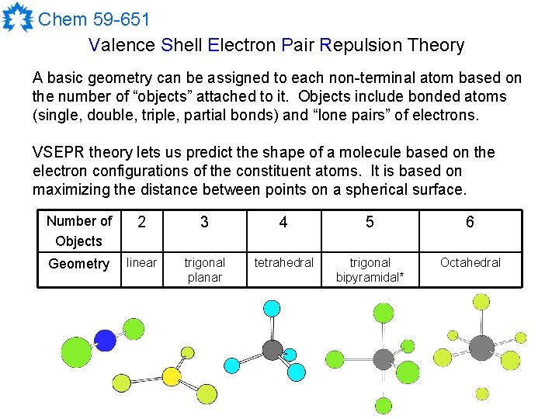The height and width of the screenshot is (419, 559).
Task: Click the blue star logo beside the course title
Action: click(17, 18)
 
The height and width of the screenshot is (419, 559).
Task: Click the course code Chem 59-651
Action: click(93, 19)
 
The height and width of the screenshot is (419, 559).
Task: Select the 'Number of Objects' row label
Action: click(79, 230)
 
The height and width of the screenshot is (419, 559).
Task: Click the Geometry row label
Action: click(79, 264)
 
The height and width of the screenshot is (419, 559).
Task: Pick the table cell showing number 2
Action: click(142, 223)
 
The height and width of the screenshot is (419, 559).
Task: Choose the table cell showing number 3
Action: click(204, 223)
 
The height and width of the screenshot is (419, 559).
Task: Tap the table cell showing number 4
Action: click(283, 223)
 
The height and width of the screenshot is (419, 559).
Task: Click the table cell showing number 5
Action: click(370, 223)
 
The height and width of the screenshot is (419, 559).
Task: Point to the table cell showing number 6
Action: click(470, 223)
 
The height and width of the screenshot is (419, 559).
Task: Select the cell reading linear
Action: click(142, 262)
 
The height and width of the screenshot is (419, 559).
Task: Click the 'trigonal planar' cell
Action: click(205, 270)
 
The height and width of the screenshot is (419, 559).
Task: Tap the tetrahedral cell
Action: click(284, 262)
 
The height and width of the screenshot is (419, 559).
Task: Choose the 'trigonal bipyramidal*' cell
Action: click(370, 270)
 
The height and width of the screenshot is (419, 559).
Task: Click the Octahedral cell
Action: click(470, 262)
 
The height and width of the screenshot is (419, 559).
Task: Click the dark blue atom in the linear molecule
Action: click(105, 340)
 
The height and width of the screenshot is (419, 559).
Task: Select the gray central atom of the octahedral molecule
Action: click(481, 347)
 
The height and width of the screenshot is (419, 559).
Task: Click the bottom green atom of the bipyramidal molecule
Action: click(384, 405)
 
